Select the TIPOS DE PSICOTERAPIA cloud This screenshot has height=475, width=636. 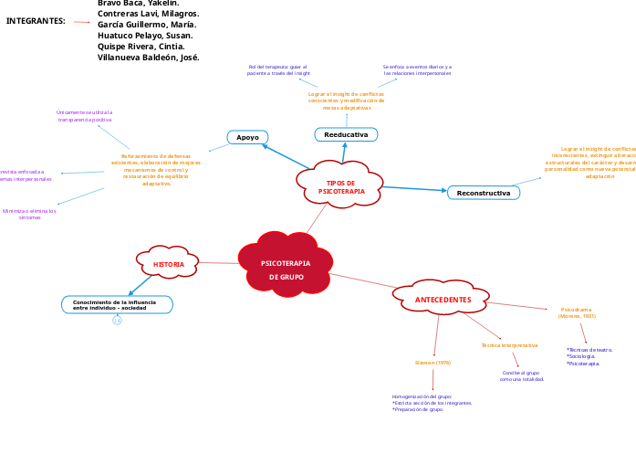coord(339,186)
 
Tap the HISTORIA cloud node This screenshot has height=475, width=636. coord(168,264)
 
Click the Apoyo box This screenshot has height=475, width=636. coord(247,137)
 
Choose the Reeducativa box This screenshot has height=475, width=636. coord(346,134)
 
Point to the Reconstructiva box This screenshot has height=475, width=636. coord(483,193)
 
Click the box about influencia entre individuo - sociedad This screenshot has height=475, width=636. coord(116,304)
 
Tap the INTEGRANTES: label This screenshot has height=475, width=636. coord(36,20)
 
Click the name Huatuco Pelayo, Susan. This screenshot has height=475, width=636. coord(144,35)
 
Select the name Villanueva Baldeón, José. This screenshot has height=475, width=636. coord(148,57)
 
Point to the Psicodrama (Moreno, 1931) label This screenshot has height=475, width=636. coord(577,312)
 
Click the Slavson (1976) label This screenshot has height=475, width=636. coord(433,363)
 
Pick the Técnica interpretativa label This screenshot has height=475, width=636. coord(509,345)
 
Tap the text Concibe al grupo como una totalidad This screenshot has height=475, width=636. coord(521,375)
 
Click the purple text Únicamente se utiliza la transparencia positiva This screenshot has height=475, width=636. coord(85,116)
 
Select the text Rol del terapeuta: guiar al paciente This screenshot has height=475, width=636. coord(278,69)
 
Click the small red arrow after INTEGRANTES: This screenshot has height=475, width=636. coord(82,22)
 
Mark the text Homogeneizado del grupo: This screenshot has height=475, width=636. coord(422,396)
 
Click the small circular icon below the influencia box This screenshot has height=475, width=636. coord(117,321)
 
